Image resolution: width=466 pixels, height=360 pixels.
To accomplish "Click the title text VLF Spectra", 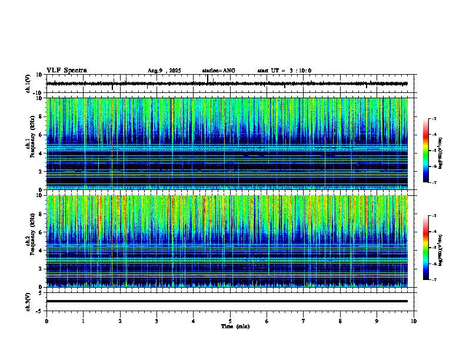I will [66, 71].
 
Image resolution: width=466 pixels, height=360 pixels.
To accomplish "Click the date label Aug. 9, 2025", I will [164, 71].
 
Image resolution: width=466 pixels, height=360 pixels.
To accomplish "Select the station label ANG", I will [218, 71].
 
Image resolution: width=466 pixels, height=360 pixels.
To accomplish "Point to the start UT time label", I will [284, 71].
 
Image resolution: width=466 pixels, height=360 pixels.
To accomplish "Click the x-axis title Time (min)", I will [235, 326].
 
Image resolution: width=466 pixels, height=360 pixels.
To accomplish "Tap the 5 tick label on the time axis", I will [230, 321].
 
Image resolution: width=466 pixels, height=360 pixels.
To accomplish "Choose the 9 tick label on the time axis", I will [377, 321].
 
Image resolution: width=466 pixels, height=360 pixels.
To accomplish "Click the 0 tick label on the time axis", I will [46, 321].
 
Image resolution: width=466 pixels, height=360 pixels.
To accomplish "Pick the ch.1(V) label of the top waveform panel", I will [28, 84].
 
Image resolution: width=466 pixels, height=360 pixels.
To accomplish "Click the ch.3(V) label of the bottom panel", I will [28, 301].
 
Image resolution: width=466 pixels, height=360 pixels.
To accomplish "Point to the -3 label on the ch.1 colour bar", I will [434, 119].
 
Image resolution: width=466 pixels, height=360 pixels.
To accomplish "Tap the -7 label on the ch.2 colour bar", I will [434, 280].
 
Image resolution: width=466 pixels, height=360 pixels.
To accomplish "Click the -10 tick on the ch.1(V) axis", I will [38, 93].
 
